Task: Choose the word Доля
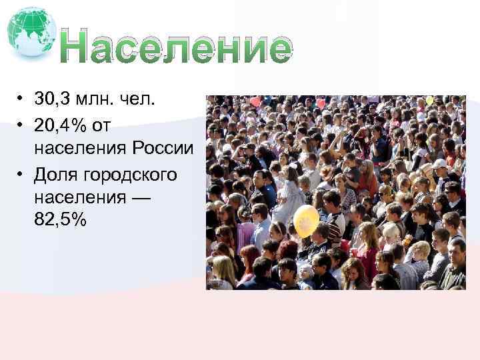[57, 174]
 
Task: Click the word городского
[131, 174]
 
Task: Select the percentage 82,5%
[59, 221]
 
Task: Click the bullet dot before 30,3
[21, 101]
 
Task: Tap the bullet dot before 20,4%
[21, 125]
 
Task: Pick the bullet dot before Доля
[21, 175]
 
